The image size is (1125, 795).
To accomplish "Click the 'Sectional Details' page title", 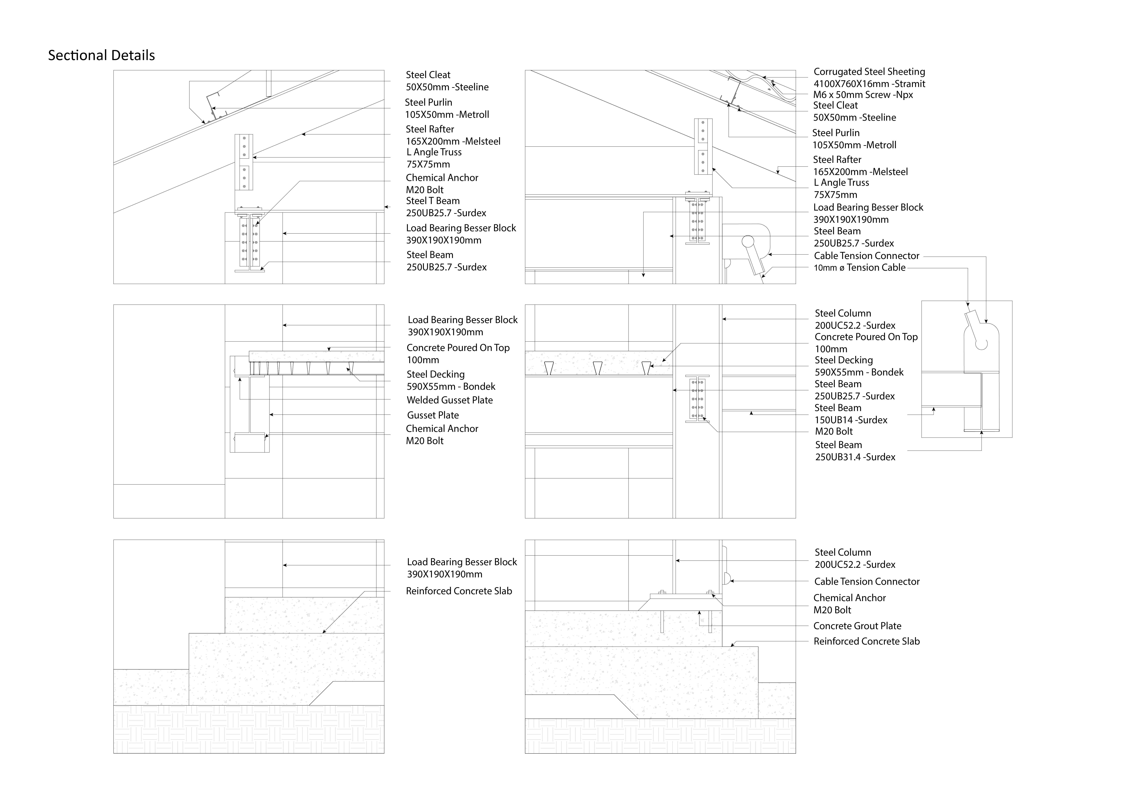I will (x=102, y=55).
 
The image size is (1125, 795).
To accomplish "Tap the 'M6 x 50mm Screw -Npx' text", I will (x=863, y=95).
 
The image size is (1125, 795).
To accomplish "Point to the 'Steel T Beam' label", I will (x=433, y=201).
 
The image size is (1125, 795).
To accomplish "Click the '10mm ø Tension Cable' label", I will (x=859, y=267).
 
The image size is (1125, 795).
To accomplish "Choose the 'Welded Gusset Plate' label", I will (x=449, y=400).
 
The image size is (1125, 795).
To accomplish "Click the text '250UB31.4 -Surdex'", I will (x=855, y=457).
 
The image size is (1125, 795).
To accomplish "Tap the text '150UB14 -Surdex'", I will (x=851, y=420).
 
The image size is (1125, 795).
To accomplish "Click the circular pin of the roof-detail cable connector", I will (x=748, y=241).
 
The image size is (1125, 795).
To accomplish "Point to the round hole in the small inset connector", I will (x=981, y=344).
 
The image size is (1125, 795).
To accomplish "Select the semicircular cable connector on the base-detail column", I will (x=727, y=578).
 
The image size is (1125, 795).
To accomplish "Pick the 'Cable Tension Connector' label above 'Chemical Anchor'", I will (x=866, y=581).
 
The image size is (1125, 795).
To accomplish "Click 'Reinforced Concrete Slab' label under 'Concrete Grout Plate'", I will (x=866, y=641).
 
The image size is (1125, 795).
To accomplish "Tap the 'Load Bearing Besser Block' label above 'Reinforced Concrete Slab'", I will (x=462, y=562).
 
